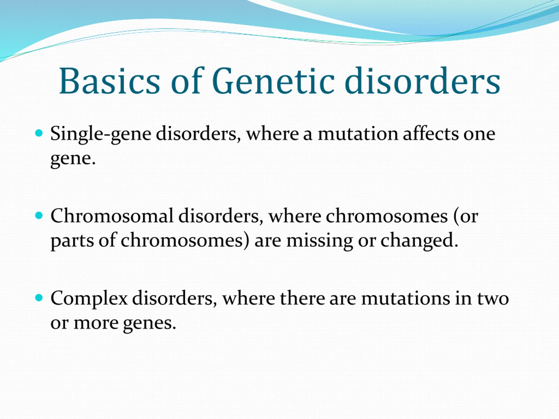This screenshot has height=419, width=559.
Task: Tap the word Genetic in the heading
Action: tap(273, 81)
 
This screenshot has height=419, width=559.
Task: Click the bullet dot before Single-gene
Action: tap(39, 133)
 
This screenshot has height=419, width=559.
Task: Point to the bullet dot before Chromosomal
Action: tap(39, 215)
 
